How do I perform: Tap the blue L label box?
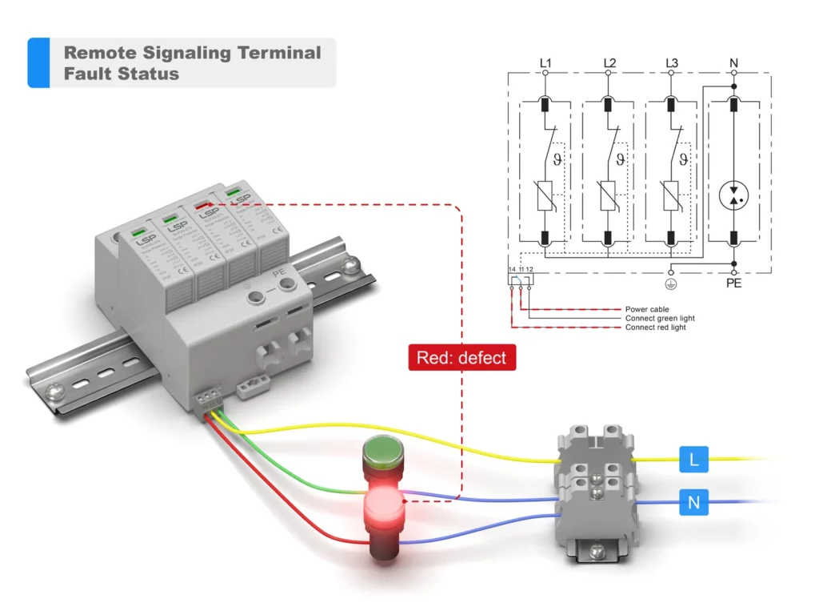point(693,460)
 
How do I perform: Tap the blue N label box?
point(693,504)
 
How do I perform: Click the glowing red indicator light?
point(384,506)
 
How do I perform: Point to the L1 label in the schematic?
point(546,62)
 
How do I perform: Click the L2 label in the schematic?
point(609,62)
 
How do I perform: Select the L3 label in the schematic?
point(672,62)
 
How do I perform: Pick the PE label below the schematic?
point(734,283)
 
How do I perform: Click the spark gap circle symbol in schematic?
point(734,195)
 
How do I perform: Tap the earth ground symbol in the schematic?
point(671,282)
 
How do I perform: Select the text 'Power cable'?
point(647,309)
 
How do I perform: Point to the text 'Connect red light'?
point(655,328)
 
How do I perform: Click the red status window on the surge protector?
point(204,203)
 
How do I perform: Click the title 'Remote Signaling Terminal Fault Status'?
point(192,63)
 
